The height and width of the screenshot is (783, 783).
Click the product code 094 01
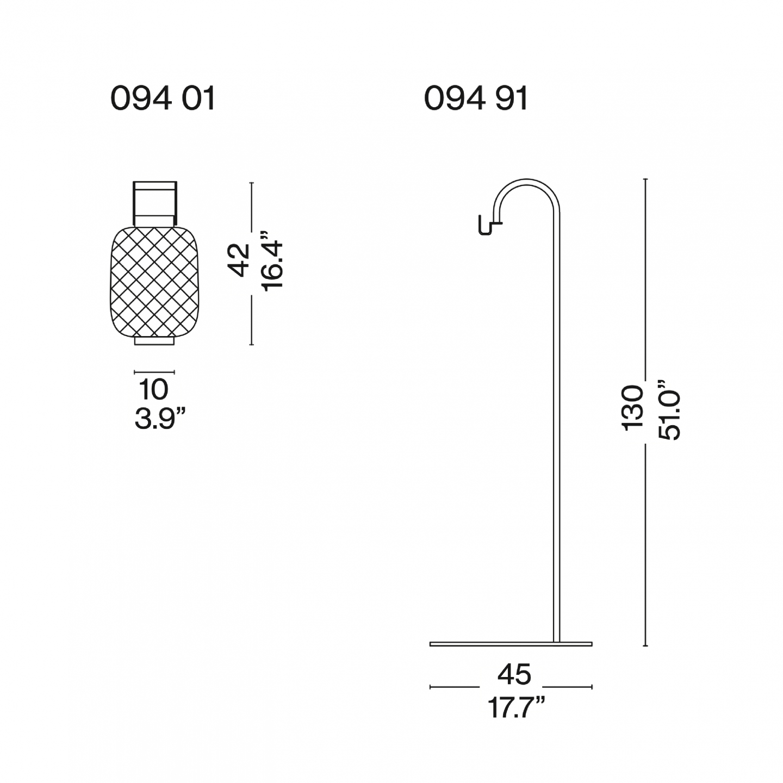click(x=163, y=99)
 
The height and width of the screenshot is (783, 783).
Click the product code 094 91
click(x=476, y=99)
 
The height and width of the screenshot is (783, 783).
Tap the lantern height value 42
click(x=239, y=260)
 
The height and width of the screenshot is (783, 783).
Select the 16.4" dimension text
click(x=271, y=260)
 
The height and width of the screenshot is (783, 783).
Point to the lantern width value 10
click(x=153, y=389)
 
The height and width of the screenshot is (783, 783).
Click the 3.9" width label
click(x=160, y=419)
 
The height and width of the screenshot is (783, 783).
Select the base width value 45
click(x=514, y=674)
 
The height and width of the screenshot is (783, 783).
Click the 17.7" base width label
click(x=515, y=707)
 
